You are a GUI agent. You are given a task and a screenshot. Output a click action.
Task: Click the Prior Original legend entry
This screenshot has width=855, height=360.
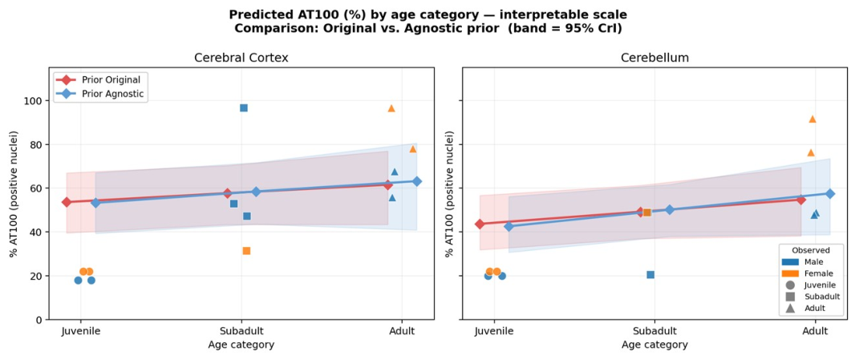pyautogui.click(x=102, y=79)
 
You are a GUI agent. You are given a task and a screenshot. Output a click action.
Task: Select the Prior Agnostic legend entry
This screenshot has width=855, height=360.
pyautogui.click(x=102, y=94)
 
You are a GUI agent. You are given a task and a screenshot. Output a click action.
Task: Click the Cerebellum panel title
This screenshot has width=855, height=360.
pyautogui.click(x=654, y=59)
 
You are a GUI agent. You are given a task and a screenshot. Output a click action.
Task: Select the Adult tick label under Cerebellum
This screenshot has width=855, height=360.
pyautogui.click(x=815, y=331)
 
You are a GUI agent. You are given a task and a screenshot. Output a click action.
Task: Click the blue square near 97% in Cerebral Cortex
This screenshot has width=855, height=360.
pyautogui.click(x=244, y=108)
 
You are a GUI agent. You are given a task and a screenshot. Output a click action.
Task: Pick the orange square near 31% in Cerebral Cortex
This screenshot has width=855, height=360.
pyautogui.click(x=246, y=251)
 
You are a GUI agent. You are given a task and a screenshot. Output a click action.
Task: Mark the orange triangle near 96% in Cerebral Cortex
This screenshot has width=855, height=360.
pyautogui.click(x=391, y=108)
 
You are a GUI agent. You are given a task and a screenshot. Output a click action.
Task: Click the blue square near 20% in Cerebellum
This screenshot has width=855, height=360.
pyautogui.click(x=650, y=275)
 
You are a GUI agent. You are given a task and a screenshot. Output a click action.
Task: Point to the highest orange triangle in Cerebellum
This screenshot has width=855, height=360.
pyautogui.click(x=812, y=119)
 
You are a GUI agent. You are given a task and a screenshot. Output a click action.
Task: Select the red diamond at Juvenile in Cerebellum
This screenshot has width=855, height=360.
pyautogui.click(x=480, y=224)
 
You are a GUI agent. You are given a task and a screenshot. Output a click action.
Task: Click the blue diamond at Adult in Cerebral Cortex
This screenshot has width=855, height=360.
pyautogui.click(x=417, y=181)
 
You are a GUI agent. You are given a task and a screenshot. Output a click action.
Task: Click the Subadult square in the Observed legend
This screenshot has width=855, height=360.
pyautogui.click(x=790, y=297)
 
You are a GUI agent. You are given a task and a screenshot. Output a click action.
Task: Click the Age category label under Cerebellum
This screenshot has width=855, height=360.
pyautogui.click(x=654, y=345)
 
